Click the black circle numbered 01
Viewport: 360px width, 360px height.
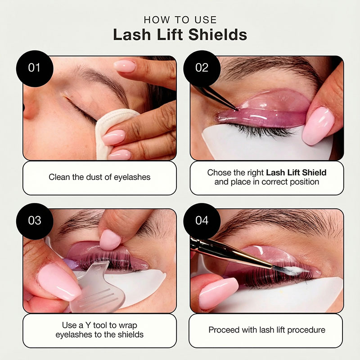point(35,68)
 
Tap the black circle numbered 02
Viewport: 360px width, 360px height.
point(202,68)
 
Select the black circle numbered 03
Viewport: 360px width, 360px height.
point(35,221)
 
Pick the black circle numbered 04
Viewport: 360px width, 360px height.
point(202,221)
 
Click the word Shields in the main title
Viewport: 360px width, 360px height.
point(218,35)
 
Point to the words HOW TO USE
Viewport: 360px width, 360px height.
point(180,20)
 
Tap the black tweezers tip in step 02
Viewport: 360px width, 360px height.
point(237,109)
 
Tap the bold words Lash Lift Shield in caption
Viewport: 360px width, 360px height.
point(296,172)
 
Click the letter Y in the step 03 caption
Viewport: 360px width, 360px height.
point(88,325)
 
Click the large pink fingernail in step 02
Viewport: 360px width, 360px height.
point(318,126)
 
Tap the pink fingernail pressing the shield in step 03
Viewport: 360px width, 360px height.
point(110,240)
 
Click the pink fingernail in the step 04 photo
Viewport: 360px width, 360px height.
point(219,294)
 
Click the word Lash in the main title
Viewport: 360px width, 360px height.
point(132,35)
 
